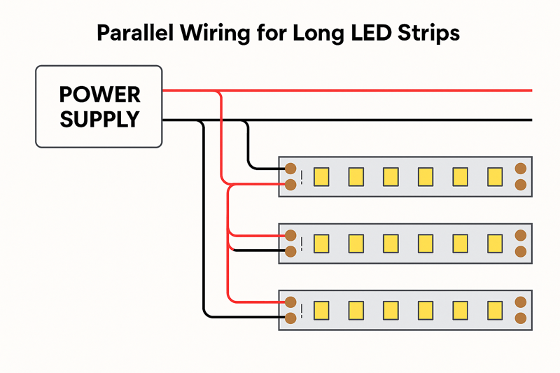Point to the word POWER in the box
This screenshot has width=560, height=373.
point(99,94)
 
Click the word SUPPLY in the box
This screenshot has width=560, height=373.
point(99,120)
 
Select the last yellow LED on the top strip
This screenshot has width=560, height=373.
point(495,176)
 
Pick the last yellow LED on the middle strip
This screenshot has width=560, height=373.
point(495,243)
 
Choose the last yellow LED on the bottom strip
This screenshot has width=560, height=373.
point(495,309)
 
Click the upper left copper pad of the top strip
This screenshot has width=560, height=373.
point(290,168)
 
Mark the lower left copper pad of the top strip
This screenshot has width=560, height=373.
point(290,185)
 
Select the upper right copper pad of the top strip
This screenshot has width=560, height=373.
point(520,168)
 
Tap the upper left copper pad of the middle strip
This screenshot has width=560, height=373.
point(290,235)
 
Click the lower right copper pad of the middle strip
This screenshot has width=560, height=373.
point(520,251)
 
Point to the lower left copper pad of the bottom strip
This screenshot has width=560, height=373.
point(290,318)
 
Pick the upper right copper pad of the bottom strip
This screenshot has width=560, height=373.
point(520,302)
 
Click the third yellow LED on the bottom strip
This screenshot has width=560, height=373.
point(391,309)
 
